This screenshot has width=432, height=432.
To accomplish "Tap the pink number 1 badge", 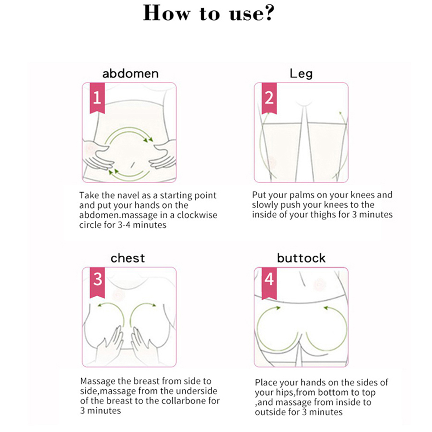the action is (97, 98).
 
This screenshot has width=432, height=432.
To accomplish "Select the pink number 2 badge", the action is (269, 98).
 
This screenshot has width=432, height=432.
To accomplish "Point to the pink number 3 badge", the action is (97, 282).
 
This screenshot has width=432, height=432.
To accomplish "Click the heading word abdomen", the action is (131, 74).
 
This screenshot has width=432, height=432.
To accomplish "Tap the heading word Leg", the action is (301, 74).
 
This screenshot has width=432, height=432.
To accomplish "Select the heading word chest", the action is (128, 258).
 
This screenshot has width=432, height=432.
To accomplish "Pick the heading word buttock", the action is (301, 258).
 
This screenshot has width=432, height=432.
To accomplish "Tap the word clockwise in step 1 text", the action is (197, 215).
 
